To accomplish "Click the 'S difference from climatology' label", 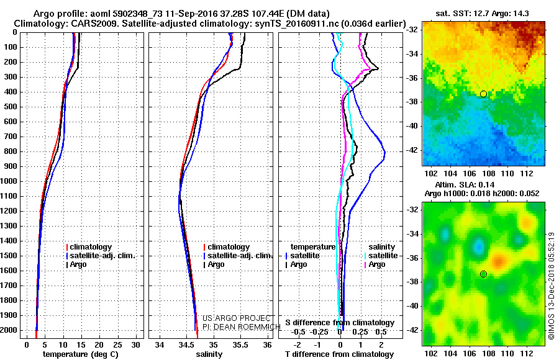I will pyautogui.click(x=339, y=323).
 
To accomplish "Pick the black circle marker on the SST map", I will pyautogui.click(x=483, y=94).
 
